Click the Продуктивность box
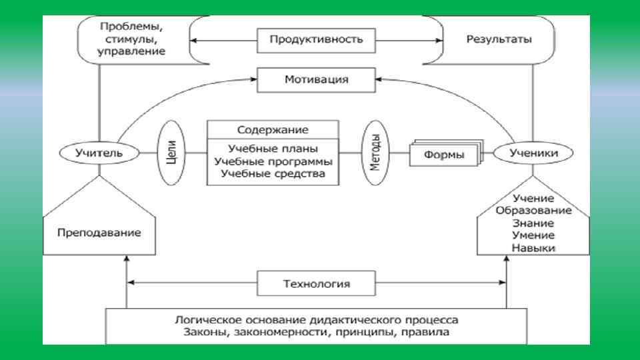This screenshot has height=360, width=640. [316, 39]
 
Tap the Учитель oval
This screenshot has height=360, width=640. [101, 153]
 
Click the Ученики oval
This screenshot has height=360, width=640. [533, 153]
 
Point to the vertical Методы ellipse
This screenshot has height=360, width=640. [375, 154]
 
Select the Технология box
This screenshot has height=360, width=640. [316, 283]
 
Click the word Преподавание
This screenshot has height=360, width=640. [99, 233]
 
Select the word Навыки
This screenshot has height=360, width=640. [534, 248]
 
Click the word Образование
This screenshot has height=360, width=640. [533, 211]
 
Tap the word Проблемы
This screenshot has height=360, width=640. [131, 27]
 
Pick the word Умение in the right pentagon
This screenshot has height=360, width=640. [534, 235]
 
